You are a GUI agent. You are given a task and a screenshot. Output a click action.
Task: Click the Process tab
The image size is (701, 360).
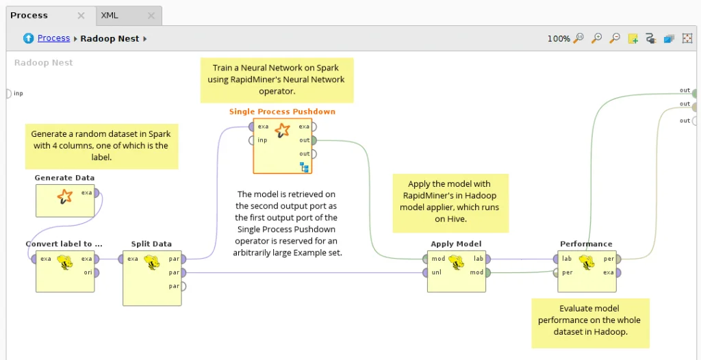(29, 15)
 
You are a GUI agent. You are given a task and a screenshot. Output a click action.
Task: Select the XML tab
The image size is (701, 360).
(110, 15)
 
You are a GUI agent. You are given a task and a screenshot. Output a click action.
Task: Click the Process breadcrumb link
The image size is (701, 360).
(53, 38)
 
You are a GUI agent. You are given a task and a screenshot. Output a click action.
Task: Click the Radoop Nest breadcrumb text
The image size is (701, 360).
(110, 38)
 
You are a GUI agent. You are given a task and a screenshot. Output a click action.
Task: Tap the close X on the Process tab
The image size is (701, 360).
(81, 15)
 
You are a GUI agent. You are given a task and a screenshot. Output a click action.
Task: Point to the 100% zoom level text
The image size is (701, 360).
(558, 39)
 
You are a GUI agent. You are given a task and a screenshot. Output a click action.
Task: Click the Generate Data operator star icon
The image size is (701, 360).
(64, 197)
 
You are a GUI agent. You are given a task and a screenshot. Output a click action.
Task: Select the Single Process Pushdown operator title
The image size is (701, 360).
(282, 112)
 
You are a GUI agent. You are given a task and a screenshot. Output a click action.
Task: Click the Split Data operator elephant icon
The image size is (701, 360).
(151, 262)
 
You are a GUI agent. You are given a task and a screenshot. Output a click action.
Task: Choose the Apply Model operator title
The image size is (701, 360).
(456, 244)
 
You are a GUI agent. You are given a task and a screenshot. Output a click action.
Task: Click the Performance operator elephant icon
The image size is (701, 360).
(586, 262)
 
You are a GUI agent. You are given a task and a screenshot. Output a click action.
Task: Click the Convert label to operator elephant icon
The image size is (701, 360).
(65, 262)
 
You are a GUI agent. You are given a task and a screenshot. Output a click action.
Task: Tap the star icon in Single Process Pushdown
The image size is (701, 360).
(282, 131)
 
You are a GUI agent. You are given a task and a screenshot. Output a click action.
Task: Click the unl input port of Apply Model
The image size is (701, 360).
(425, 272)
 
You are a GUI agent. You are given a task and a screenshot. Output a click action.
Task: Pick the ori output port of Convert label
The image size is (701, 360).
(97, 272)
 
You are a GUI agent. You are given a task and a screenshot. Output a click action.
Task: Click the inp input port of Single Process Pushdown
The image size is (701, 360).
(252, 140)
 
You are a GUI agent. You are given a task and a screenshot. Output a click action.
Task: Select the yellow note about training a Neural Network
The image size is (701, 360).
(277, 79)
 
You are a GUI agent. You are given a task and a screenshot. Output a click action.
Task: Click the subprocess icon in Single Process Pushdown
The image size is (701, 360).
(304, 167)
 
